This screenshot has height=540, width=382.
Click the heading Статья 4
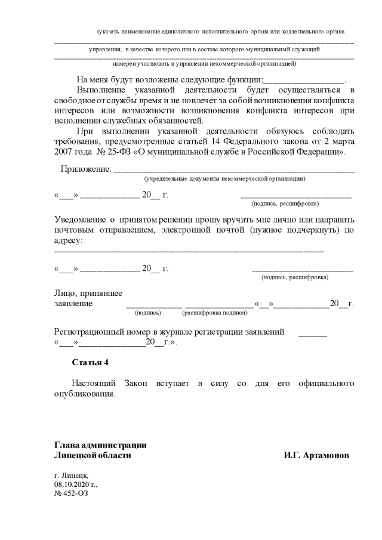coord(90,362)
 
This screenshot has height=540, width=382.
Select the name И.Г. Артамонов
coord(316,455)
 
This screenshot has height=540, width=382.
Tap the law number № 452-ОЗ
coord(70,493)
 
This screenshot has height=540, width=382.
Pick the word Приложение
coord(85,169)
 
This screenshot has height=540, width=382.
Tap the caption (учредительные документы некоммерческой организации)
coord(225,178)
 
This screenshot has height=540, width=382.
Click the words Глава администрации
coord(100,445)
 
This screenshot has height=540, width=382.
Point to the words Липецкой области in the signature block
coord(93,455)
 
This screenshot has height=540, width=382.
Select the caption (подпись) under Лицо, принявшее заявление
coord(148,312)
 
